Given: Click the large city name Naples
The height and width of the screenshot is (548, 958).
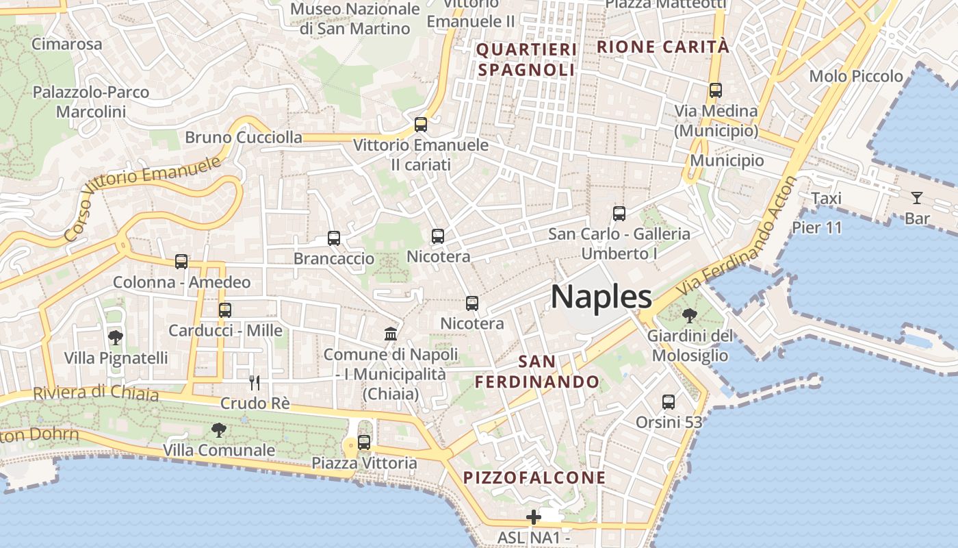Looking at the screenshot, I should click(601, 297).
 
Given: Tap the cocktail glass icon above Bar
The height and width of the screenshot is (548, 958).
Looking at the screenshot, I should click(916, 198).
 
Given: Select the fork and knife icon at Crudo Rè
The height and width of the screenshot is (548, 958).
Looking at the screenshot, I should click(255, 382).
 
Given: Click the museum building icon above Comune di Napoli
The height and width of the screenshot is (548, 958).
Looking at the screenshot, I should click(391, 334).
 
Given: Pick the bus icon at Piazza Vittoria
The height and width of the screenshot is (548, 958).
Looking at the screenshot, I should click(364, 443).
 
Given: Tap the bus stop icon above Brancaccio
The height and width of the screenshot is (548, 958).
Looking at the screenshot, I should click(334, 238).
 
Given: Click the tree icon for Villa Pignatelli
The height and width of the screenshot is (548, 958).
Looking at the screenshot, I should click(116, 337).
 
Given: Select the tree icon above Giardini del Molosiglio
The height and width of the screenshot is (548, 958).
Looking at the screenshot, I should click(690, 316).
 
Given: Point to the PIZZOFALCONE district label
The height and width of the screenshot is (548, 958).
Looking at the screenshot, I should click(534, 477).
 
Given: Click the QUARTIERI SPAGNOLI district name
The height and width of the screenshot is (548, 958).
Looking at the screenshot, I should click(526, 60).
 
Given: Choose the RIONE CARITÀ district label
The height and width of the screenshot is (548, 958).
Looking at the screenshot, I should click(663, 47).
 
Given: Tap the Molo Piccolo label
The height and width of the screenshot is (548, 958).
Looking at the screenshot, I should click(856, 76).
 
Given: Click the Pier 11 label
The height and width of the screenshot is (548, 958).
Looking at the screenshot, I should click(817, 227).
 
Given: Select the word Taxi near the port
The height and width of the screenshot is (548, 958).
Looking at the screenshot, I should click(826, 199).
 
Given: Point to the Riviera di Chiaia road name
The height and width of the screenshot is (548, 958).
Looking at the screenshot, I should click(96, 393).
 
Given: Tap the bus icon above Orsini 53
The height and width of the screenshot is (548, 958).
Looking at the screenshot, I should click(669, 402).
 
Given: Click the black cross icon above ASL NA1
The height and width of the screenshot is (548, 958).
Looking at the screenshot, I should click(534, 516).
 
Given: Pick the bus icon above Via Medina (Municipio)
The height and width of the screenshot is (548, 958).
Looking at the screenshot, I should click(716, 90).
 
